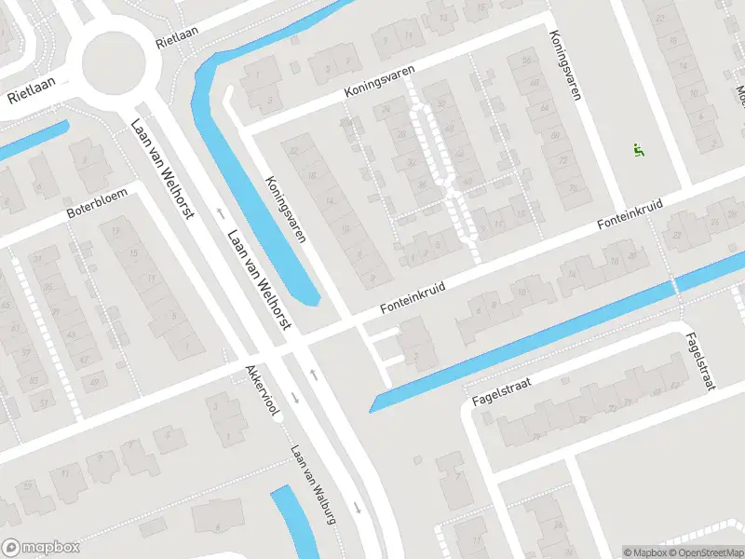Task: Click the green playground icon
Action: pyautogui.click(x=639, y=150)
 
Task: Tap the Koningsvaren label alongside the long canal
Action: pyautogui.click(x=286, y=210)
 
